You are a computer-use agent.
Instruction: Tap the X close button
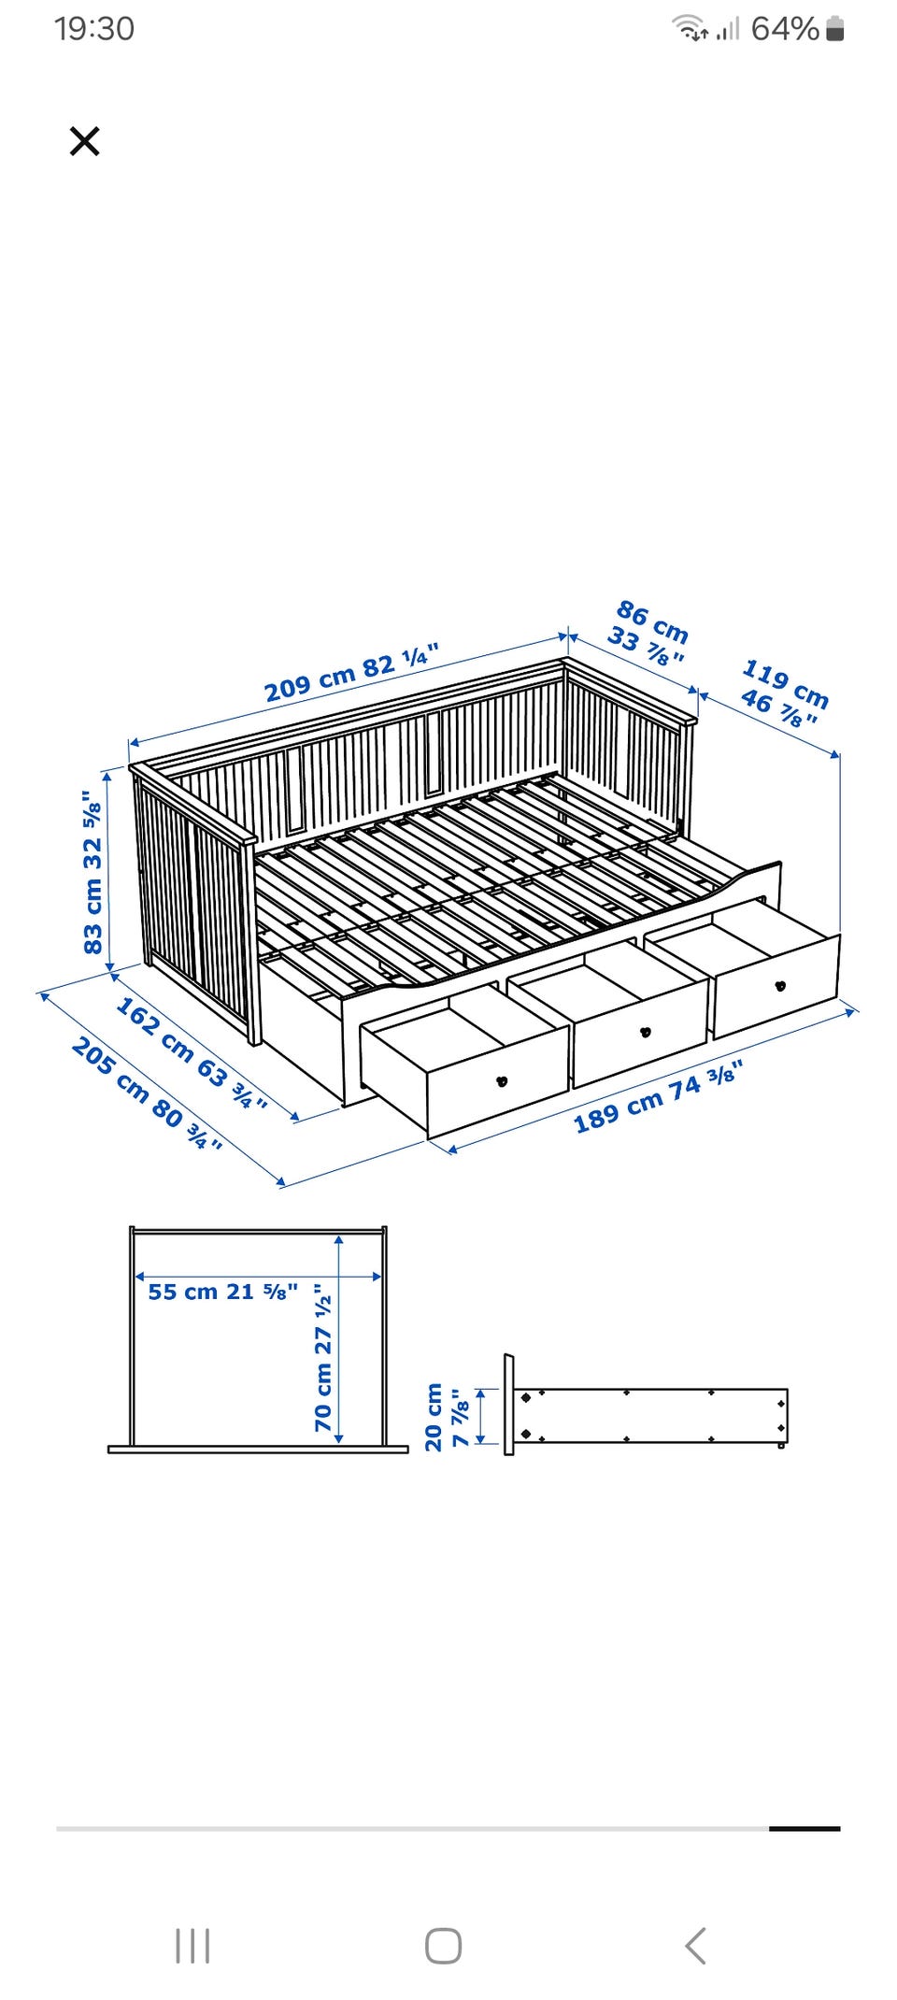(x=84, y=142)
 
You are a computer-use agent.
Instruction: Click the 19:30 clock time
(x=94, y=29)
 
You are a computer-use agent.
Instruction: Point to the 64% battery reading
(x=785, y=29)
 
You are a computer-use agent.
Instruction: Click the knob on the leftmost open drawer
(x=502, y=1081)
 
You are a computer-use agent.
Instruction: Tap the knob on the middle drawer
(x=644, y=1033)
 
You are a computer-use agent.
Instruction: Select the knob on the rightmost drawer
(x=780, y=985)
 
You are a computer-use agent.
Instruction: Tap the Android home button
(x=443, y=1946)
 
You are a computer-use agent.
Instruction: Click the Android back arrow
(x=695, y=1946)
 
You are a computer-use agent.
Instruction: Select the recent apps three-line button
(x=192, y=1946)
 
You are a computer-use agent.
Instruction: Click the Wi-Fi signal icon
(x=690, y=28)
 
